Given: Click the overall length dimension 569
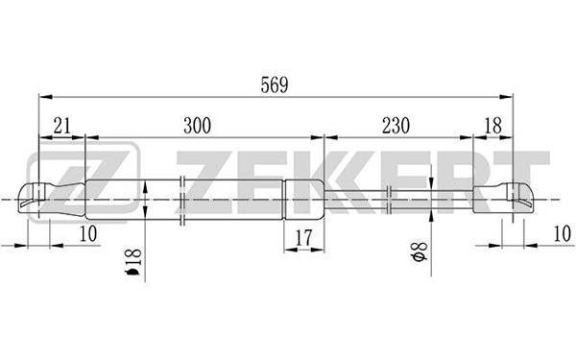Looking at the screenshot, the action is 275,85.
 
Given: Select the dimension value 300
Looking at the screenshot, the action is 197,126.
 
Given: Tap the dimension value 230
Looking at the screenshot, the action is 396,126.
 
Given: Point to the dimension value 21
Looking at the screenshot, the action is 61,126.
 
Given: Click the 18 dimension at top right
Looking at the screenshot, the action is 492,126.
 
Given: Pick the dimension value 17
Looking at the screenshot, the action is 303,237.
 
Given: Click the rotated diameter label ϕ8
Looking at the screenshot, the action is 420,252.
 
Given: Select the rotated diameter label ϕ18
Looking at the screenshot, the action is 133,262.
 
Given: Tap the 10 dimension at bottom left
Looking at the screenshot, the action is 88,233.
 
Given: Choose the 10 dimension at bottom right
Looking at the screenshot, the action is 562,233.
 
